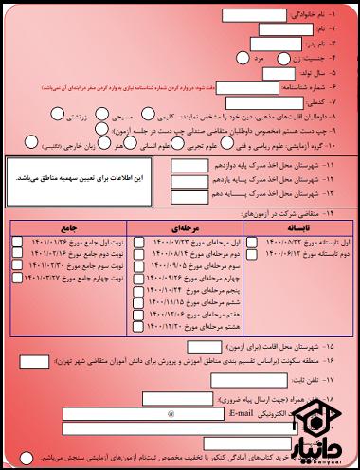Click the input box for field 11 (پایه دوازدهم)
(x=185, y=164)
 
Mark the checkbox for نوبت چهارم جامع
(x=18, y=279)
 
